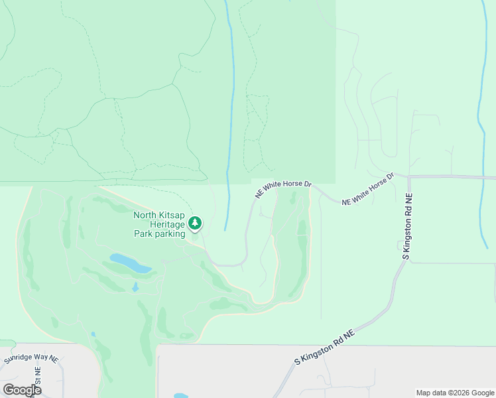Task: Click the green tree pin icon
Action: click(x=195, y=224)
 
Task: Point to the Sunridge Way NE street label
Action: click(x=31, y=359)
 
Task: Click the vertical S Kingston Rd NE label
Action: click(x=408, y=226)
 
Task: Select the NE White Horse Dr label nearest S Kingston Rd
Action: click(x=368, y=190)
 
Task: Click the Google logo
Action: click(x=23, y=389)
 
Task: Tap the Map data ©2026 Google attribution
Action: click(x=456, y=393)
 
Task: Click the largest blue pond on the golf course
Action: click(x=130, y=263)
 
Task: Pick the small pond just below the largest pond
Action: click(x=135, y=287)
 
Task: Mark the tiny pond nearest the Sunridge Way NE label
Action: click(x=93, y=334)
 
